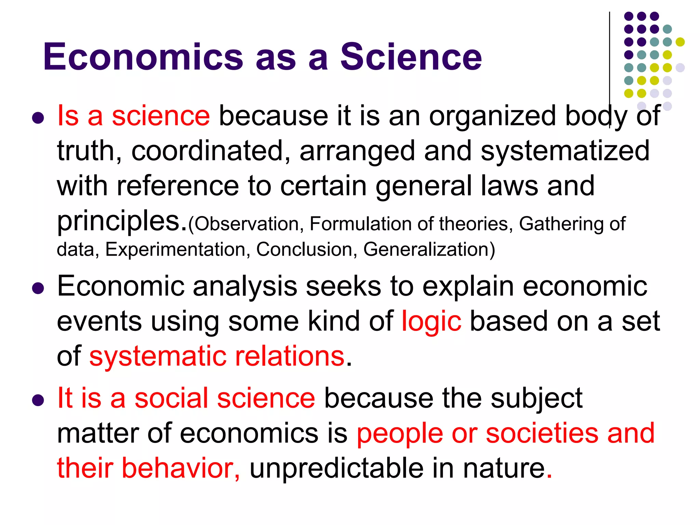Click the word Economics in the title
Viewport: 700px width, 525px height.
click(143, 57)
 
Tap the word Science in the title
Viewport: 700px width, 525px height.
click(410, 57)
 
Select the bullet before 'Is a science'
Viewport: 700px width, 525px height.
click(38, 118)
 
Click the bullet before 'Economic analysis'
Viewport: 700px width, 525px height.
click(38, 288)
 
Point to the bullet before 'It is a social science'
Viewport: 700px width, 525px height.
click(38, 400)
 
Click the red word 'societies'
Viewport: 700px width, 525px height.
click(542, 433)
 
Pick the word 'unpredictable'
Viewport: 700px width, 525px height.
click(336, 468)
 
